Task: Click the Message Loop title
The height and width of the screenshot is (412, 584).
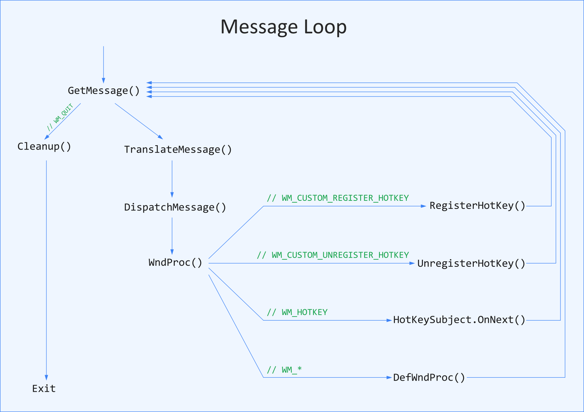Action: [x=284, y=27]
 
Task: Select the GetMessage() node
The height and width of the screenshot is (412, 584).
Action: [x=104, y=91]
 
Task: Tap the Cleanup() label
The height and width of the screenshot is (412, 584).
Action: [x=44, y=146]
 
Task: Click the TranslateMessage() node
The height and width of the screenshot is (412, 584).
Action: [x=178, y=150]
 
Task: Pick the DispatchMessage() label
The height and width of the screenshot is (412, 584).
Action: [x=175, y=207]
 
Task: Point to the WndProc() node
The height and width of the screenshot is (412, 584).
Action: [x=175, y=262]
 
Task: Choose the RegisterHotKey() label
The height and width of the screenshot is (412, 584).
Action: [x=477, y=206]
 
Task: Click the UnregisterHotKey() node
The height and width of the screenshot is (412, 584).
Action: [x=471, y=263]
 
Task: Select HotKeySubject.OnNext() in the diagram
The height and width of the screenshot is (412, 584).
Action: [x=459, y=320]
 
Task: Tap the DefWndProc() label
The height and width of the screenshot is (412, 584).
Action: [x=429, y=377]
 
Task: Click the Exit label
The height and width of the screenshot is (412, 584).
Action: [x=44, y=388]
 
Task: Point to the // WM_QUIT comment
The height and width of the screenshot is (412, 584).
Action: [x=60, y=118]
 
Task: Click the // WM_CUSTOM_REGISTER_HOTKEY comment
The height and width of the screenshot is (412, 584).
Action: [x=338, y=198]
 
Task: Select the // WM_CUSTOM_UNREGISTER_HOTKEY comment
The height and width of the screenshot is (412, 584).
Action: [x=333, y=255]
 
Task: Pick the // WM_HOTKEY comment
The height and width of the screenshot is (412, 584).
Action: [x=297, y=313]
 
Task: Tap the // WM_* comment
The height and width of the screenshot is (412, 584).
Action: [x=284, y=370]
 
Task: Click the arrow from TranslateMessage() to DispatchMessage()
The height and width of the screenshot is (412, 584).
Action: [x=172, y=179]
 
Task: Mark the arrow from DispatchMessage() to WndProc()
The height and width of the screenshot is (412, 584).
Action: [x=172, y=236]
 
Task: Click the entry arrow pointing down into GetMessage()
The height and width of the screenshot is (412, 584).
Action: [x=104, y=64]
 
